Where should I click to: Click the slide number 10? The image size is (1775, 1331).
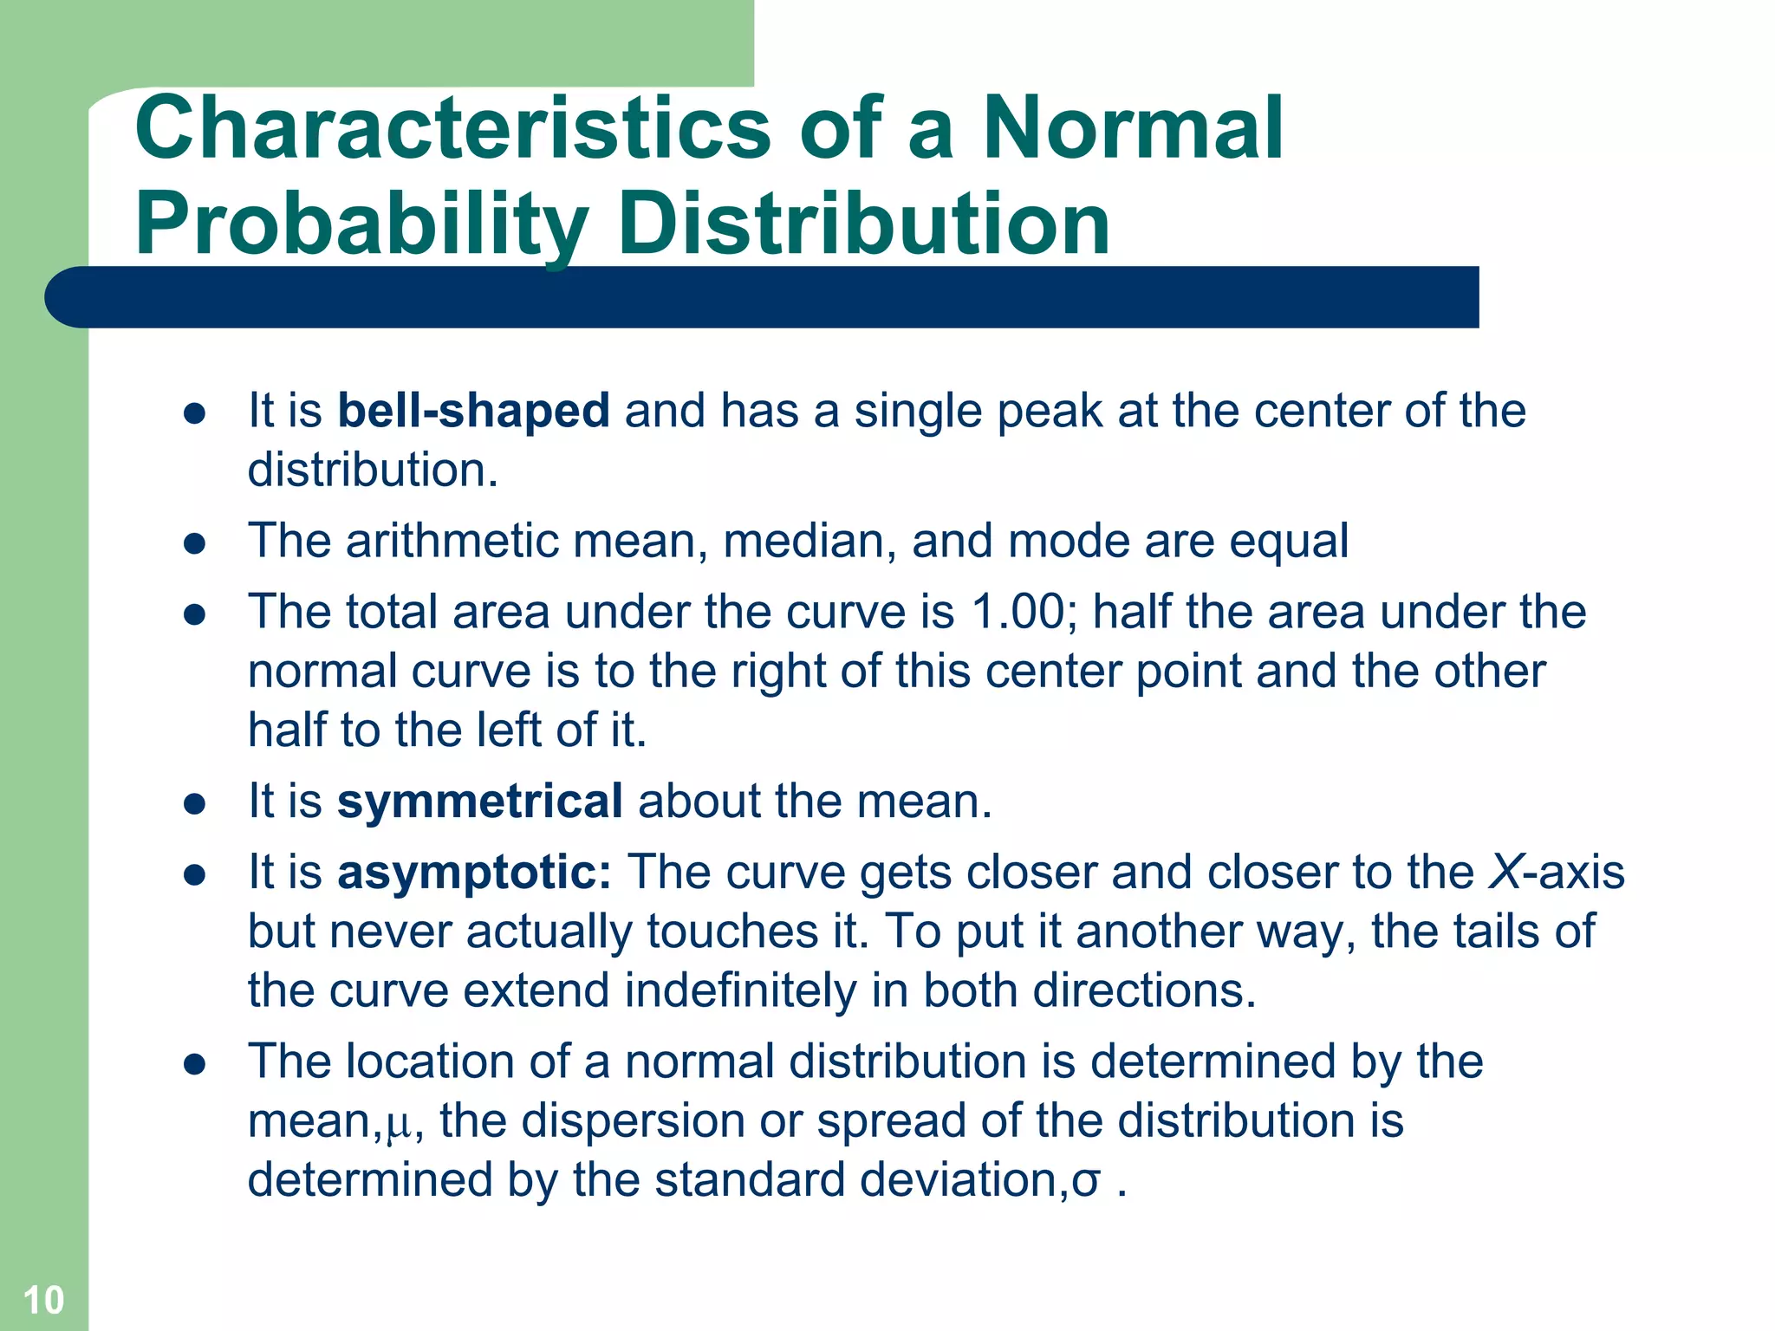pos(43,1300)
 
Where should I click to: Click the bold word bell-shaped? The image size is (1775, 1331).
pos(473,411)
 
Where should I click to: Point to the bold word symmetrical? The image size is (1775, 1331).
pos(479,801)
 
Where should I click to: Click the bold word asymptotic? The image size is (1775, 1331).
pos(474,872)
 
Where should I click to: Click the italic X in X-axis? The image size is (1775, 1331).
pos(1505,872)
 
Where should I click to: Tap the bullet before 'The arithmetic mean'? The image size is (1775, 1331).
pos(194,544)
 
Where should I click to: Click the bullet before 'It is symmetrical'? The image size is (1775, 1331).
pos(194,804)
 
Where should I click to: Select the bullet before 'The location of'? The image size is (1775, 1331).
pos(194,1064)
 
